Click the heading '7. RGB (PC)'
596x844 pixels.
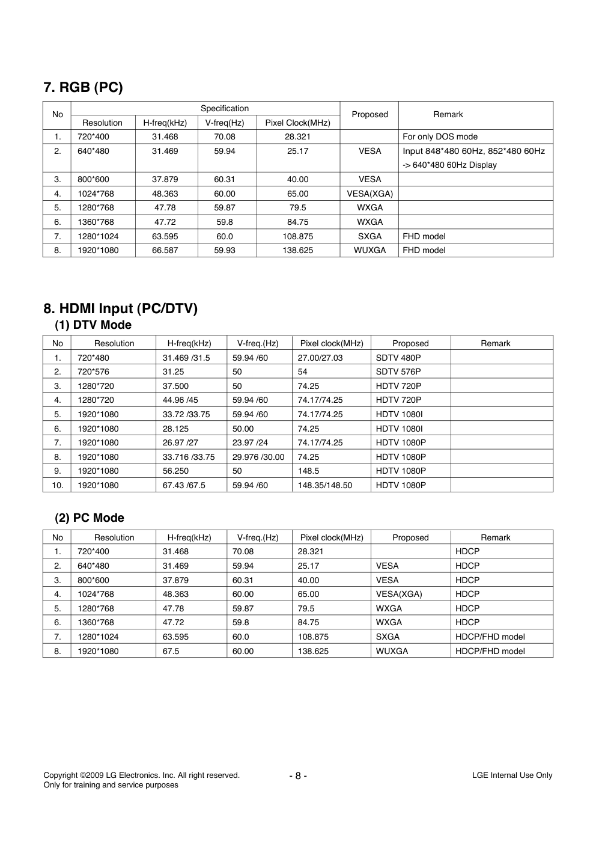[x=83, y=88]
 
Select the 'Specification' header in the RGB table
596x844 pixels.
[x=224, y=109]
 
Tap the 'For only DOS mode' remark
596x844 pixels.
[x=440, y=137]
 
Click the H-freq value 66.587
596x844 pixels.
[x=165, y=251]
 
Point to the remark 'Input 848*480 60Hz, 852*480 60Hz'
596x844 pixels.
[x=473, y=151]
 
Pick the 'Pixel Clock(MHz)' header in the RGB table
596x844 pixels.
[x=297, y=123]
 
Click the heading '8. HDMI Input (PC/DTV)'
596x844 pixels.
[x=120, y=309]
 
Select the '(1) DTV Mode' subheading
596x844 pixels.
[x=93, y=325]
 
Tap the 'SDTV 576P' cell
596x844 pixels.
[x=398, y=372]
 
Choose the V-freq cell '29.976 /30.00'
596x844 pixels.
[x=258, y=457]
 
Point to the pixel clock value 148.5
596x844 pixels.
[x=308, y=471]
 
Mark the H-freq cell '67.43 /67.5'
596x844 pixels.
[x=184, y=486]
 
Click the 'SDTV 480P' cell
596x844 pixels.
[x=398, y=358]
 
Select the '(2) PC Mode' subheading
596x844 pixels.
[x=90, y=518]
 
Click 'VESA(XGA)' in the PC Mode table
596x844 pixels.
[x=399, y=595]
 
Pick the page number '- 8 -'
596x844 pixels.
[x=298, y=776]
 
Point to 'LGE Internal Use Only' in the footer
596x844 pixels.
[x=512, y=775]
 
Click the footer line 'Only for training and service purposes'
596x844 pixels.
[x=111, y=785]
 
